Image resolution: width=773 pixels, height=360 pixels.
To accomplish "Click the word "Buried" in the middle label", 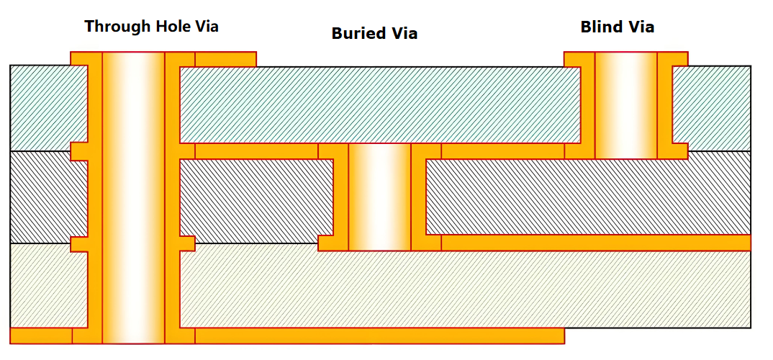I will click(x=358, y=33).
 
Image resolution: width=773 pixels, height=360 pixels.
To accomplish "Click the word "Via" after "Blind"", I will click(x=641, y=27).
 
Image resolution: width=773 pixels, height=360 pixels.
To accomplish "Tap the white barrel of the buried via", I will click(x=379, y=197).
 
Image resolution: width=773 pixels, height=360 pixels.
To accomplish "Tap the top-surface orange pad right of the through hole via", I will click(x=225, y=58).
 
